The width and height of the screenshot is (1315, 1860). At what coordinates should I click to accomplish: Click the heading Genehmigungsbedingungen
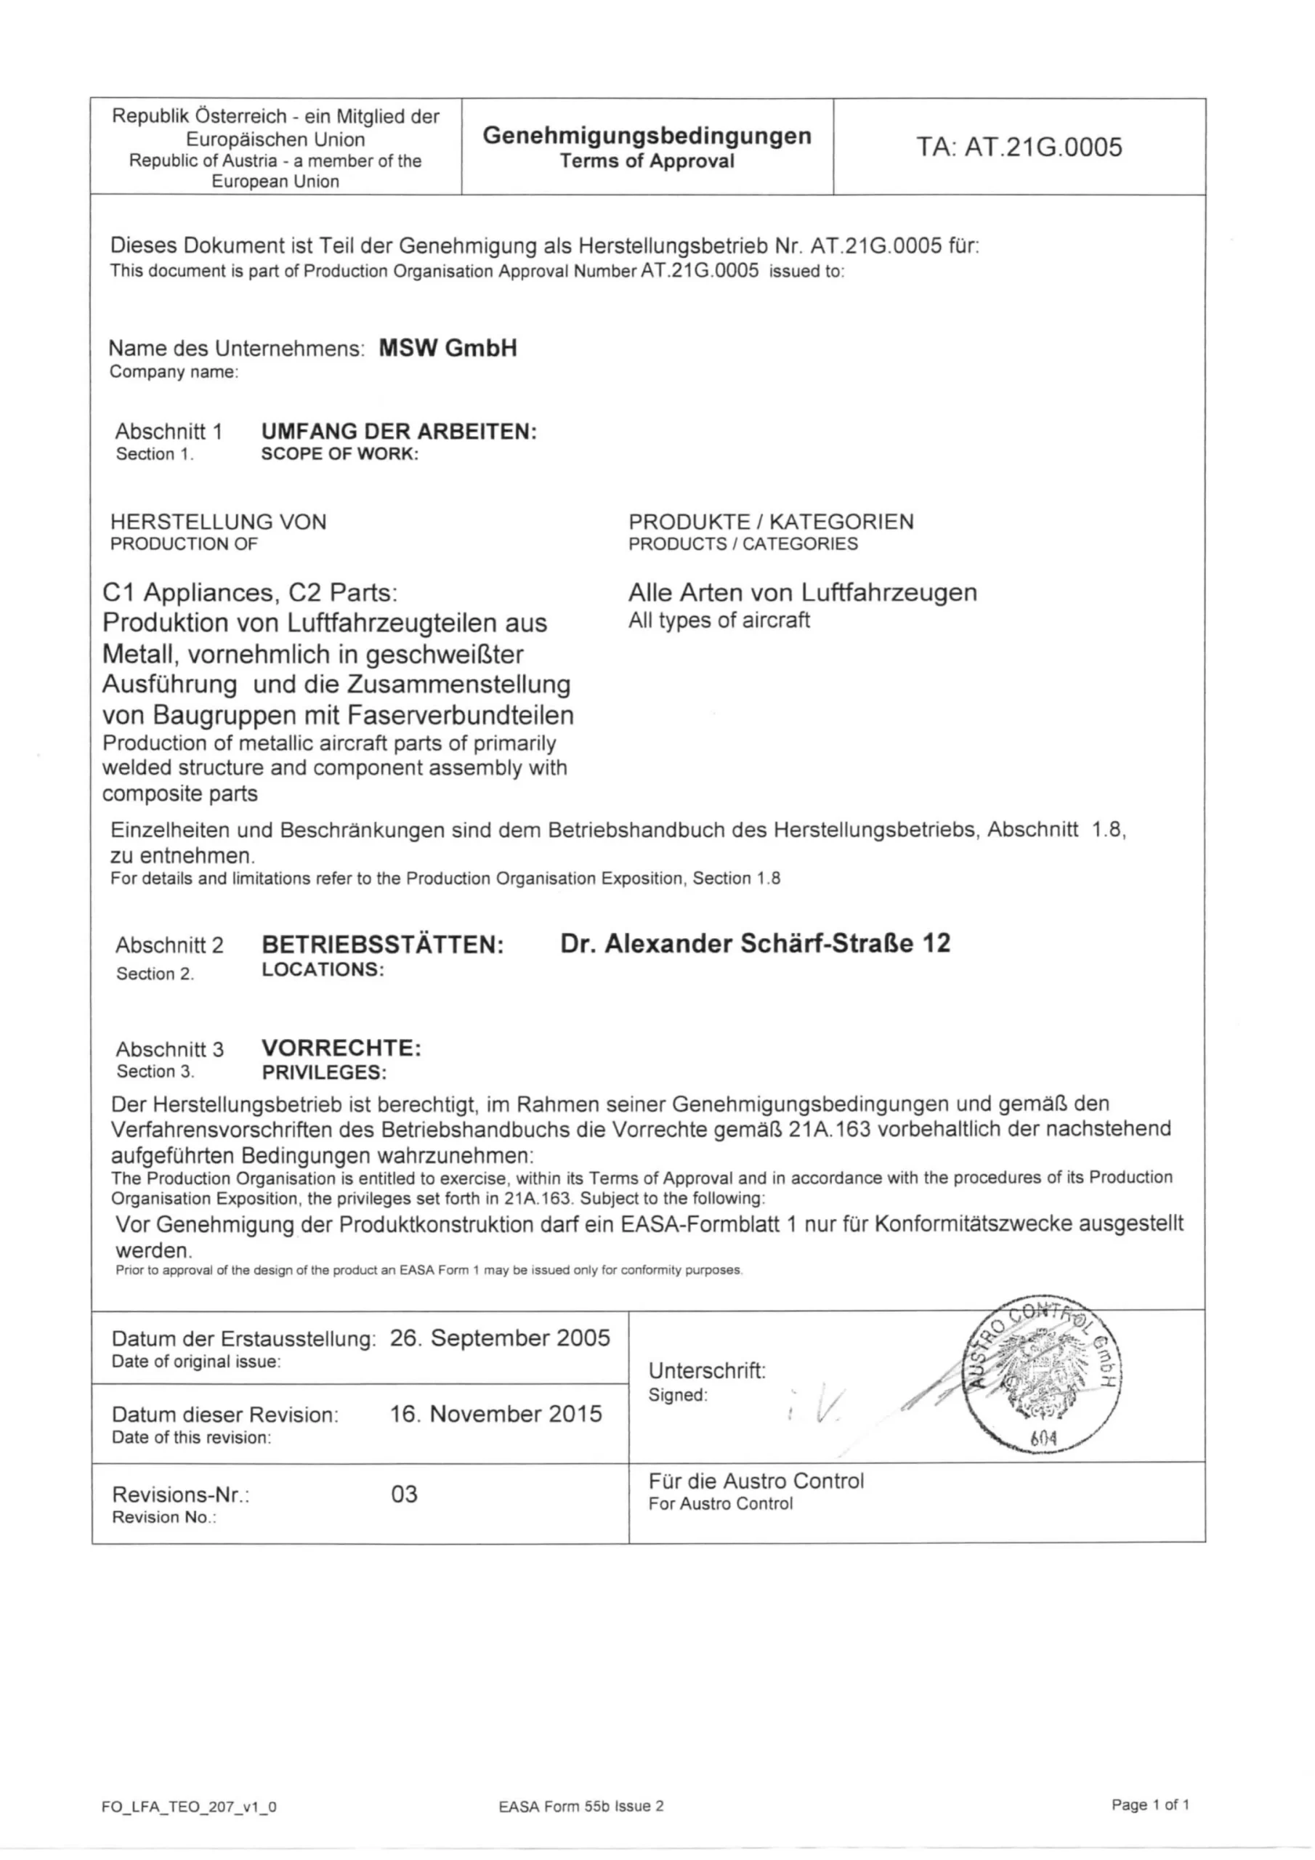tap(647, 135)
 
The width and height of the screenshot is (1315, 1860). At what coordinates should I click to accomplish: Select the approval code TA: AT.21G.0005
tap(1019, 147)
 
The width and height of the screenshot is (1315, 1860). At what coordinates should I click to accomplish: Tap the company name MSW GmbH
tap(448, 348)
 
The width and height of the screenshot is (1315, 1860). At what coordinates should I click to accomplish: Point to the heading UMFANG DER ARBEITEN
tap(399, 432)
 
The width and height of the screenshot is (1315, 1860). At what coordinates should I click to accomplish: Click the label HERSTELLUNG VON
tap(218, 522)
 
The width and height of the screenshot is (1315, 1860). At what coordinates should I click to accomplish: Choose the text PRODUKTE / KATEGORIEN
tap(771, 522)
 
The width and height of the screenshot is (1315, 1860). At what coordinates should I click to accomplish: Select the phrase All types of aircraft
tap(719, 620)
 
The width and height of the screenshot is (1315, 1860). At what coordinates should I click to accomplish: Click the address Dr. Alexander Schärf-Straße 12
tap(755, 943)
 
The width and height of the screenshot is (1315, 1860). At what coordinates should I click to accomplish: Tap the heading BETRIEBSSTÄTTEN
tap(382, 945)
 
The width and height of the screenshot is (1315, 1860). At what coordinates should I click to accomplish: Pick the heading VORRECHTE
tap(341, 1048)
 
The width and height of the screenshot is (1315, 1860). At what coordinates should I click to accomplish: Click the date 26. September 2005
tap(499, 1338)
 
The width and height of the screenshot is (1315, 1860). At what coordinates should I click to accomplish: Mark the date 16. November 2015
tap(496, 1414)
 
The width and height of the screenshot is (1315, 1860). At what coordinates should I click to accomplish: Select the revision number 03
tap(403, 1494)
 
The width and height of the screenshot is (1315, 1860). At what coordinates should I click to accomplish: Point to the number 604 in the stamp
tap(1043, 1439)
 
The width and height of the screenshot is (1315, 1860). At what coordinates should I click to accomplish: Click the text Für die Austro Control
tap(756, 1481)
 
